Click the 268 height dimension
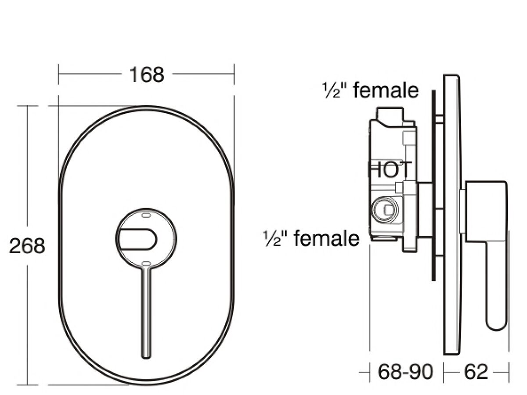tap(27, 246)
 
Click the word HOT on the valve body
tap(390, 170)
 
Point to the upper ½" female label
tap(371, 91)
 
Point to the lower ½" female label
tap(311, 239)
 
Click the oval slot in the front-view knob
tap(137, 239)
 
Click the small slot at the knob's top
tap(146, 215)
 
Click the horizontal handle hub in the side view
tap(485, 211)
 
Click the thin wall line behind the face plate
tap(433, 184)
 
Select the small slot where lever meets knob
tap(146, 264)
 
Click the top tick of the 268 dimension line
tap(28, 106)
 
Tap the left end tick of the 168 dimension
tap(59, 74)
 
